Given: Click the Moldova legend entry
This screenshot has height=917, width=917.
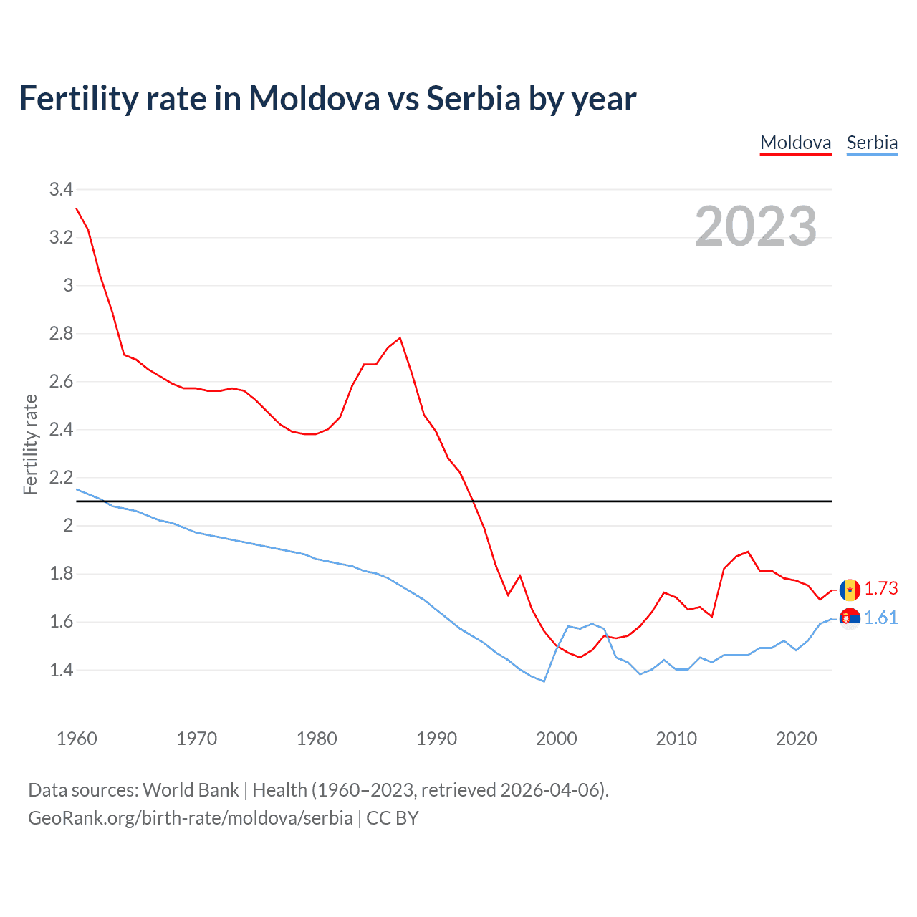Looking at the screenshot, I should (795, 143).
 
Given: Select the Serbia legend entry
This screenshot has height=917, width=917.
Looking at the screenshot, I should (872, 143).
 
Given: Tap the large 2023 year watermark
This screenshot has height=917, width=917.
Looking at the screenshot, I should (756, 226).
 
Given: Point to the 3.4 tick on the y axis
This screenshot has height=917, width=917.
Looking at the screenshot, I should (61, 189).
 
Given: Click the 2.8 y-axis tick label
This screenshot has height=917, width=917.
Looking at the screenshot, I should (61, 333).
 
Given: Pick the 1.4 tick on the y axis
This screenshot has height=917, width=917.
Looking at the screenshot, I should (61, 670).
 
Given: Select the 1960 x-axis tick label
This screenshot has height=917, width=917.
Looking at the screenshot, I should (77, 739).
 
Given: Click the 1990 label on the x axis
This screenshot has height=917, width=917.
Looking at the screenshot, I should (436, 739).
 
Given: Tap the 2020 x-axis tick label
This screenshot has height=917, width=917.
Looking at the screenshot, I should (796, 739).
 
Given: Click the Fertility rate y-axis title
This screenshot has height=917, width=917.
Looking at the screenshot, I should (30, 444).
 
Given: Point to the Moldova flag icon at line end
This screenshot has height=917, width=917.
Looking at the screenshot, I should (850, 590).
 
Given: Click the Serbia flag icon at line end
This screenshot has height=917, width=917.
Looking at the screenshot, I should (850, 618).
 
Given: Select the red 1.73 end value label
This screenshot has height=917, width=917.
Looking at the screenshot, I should (880, 588).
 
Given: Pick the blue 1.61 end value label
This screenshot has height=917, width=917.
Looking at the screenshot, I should (880, 618).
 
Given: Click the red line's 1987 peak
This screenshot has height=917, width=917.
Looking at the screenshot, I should (400, 338).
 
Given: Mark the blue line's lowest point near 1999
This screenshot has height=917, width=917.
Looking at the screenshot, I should (544, 681).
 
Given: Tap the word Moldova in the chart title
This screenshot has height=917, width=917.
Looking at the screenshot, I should (314, 98).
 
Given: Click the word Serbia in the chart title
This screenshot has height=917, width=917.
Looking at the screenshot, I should (473, 98).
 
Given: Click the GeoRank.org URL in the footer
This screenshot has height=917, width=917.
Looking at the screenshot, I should (190, 818).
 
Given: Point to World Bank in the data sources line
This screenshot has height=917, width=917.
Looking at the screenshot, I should (191, 790).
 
